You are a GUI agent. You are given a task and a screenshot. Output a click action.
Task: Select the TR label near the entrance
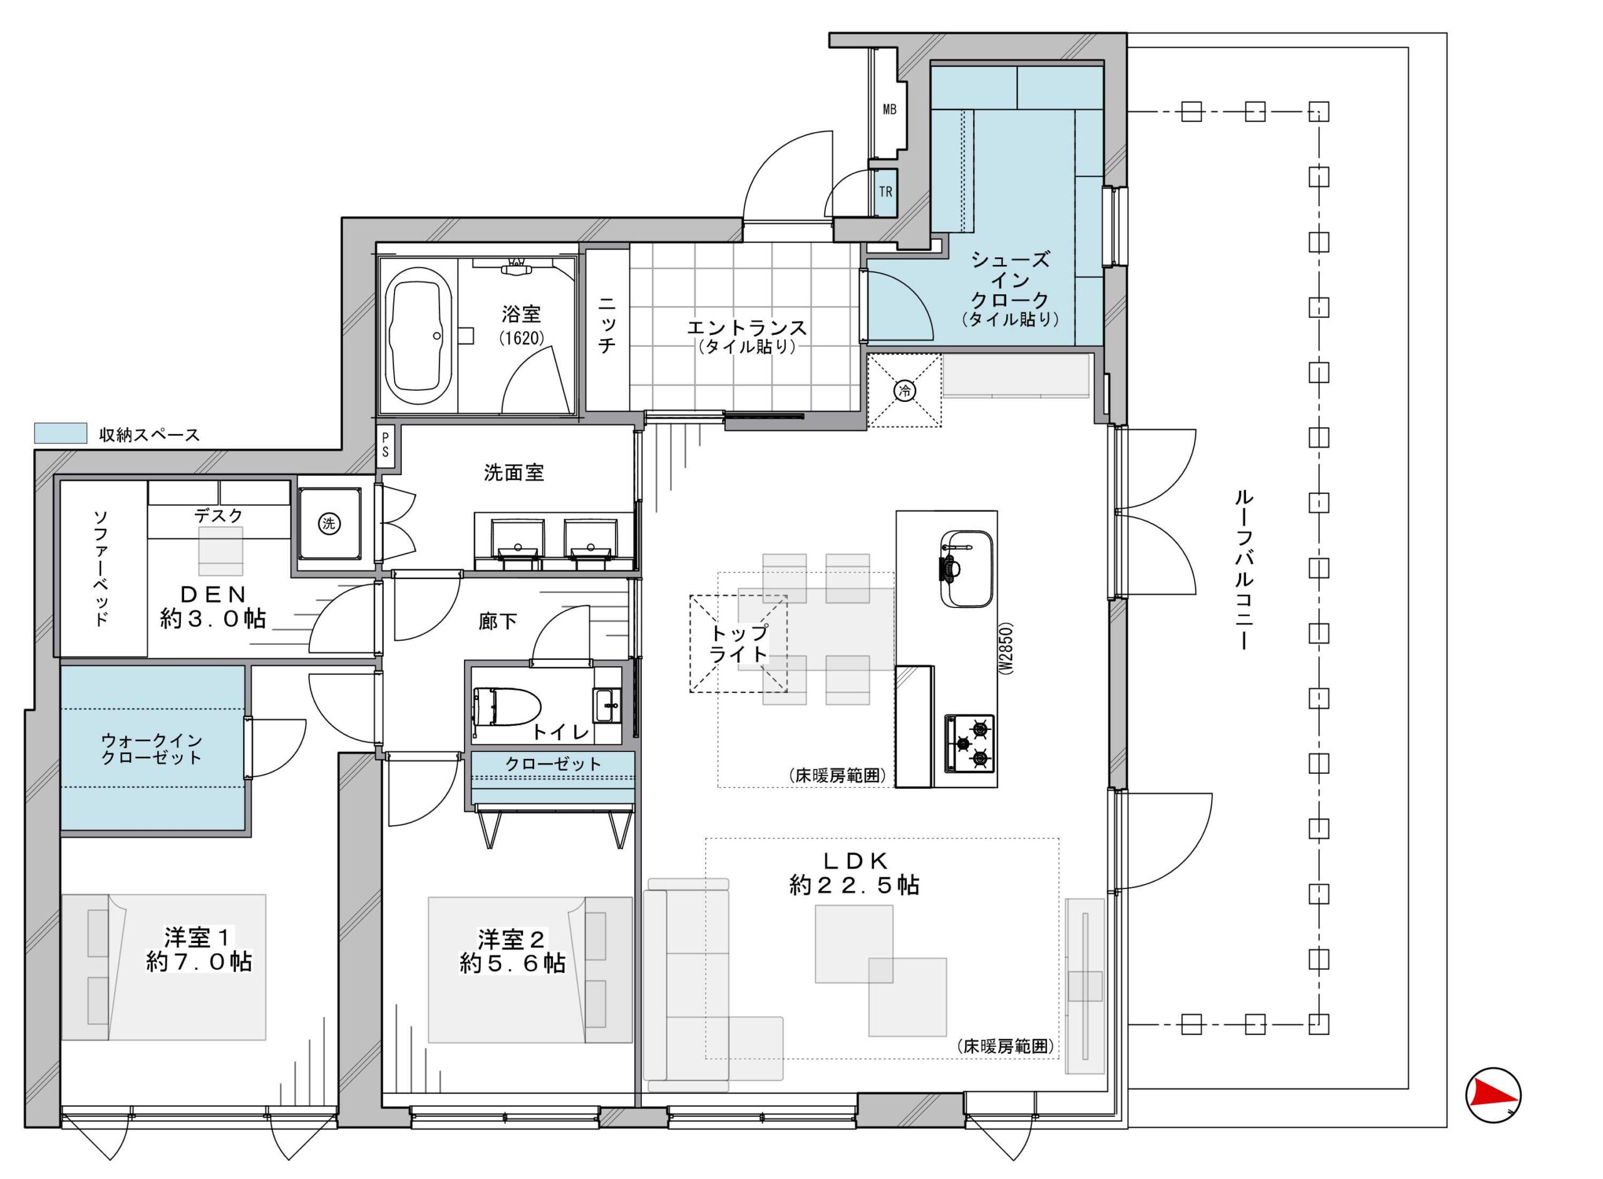pos(885,192)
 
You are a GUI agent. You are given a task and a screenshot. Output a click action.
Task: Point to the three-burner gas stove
pos(969,743)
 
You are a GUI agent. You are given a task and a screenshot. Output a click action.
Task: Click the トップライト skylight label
pos(739,643)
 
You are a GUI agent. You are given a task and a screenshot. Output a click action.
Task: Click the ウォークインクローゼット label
pos(152,749)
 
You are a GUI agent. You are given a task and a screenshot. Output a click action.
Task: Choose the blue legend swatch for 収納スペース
pos(61,433)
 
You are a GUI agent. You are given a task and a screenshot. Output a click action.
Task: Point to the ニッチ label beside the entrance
pos(606,326)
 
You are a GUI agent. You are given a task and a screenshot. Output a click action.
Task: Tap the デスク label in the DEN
pos(219,515)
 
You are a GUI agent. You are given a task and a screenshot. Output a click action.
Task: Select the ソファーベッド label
pos(101,568)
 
